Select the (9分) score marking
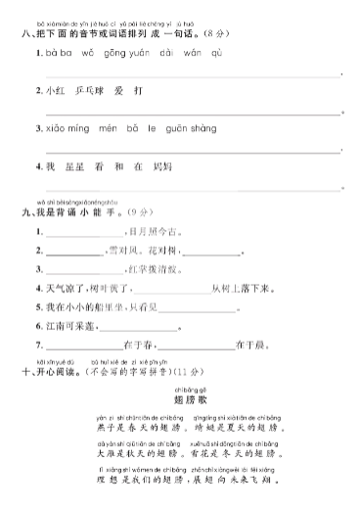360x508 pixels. click(x=133, y=209)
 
